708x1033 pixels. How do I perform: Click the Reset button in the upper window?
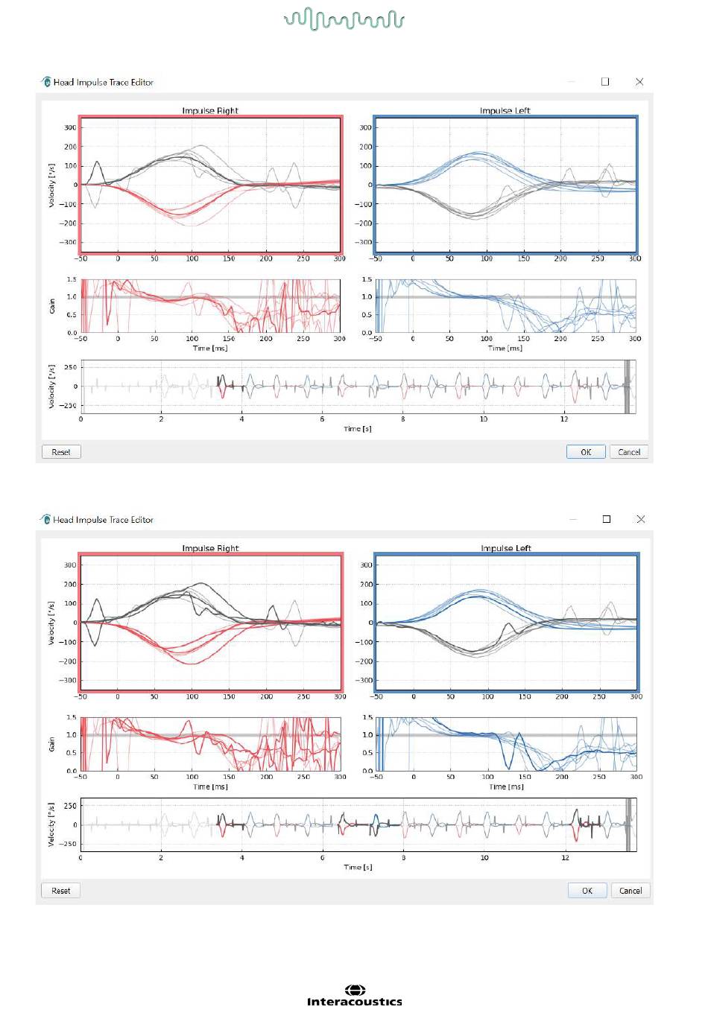[61, 452]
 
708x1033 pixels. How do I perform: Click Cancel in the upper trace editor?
[628, 452]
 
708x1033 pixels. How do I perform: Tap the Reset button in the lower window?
[61, 891]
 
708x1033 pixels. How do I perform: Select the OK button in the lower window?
[587, 891]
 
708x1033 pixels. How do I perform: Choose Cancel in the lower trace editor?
[630, 891]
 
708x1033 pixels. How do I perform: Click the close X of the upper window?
[639, 82]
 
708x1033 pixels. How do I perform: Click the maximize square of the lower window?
[607, 519]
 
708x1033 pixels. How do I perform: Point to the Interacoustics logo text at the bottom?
[355, 1002]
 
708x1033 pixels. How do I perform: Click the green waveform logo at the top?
[344, 19]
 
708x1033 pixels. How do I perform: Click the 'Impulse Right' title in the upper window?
[210, 111]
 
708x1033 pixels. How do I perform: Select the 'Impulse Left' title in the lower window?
[506, 548]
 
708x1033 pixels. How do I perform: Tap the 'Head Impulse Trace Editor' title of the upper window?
[104, 83]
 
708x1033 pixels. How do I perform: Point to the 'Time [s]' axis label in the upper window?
[358, 429]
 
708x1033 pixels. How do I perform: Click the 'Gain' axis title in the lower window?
[51, 744]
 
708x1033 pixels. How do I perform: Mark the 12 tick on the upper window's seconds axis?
[564, 419]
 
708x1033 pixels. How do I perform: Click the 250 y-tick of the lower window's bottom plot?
[70, 806]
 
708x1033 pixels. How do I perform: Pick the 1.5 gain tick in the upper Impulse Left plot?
[367, 279]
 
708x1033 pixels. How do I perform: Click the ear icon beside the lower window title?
[45, 519]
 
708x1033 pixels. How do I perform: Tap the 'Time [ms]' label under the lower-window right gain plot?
[506, 786]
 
